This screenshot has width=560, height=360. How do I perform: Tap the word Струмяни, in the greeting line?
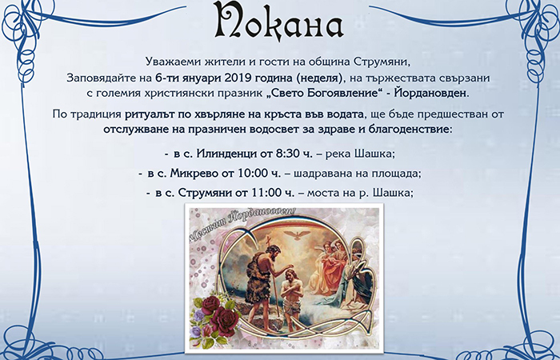pos(382,62)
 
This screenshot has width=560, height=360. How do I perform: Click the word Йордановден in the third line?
pos(431,94)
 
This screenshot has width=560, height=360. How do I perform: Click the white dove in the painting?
pos(297,235)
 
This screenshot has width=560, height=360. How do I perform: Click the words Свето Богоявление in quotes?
pos(322,94)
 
